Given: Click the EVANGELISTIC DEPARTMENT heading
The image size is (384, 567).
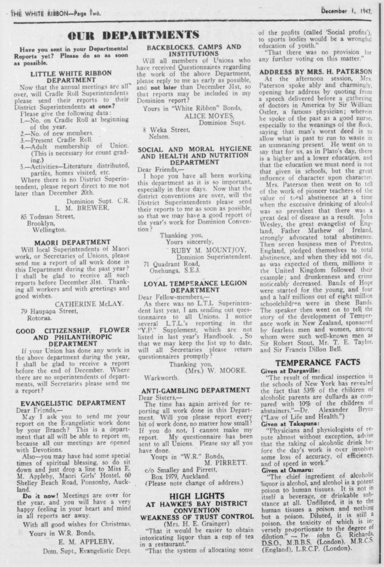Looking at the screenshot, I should tap(73, 403).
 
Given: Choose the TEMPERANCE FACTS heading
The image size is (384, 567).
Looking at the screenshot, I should tap(318, 362).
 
